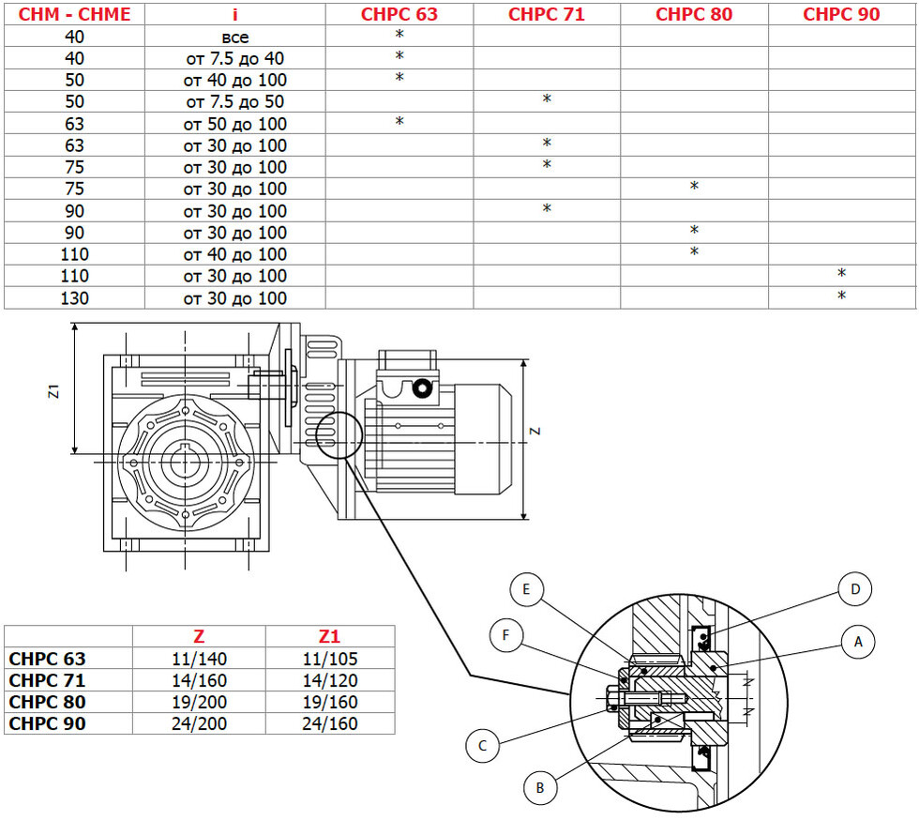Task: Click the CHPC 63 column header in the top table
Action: (399, 14)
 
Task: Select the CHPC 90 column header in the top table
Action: (841, 14)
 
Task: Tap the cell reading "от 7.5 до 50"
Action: (235, 101)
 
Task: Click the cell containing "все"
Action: (235, 37)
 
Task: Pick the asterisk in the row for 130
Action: (842, 296)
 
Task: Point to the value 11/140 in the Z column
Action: (199, 659)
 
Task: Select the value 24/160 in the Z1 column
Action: (330, 723)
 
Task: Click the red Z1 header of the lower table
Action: (329, 636)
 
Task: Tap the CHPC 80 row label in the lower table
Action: (48, 702)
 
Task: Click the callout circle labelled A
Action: (858, 642)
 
